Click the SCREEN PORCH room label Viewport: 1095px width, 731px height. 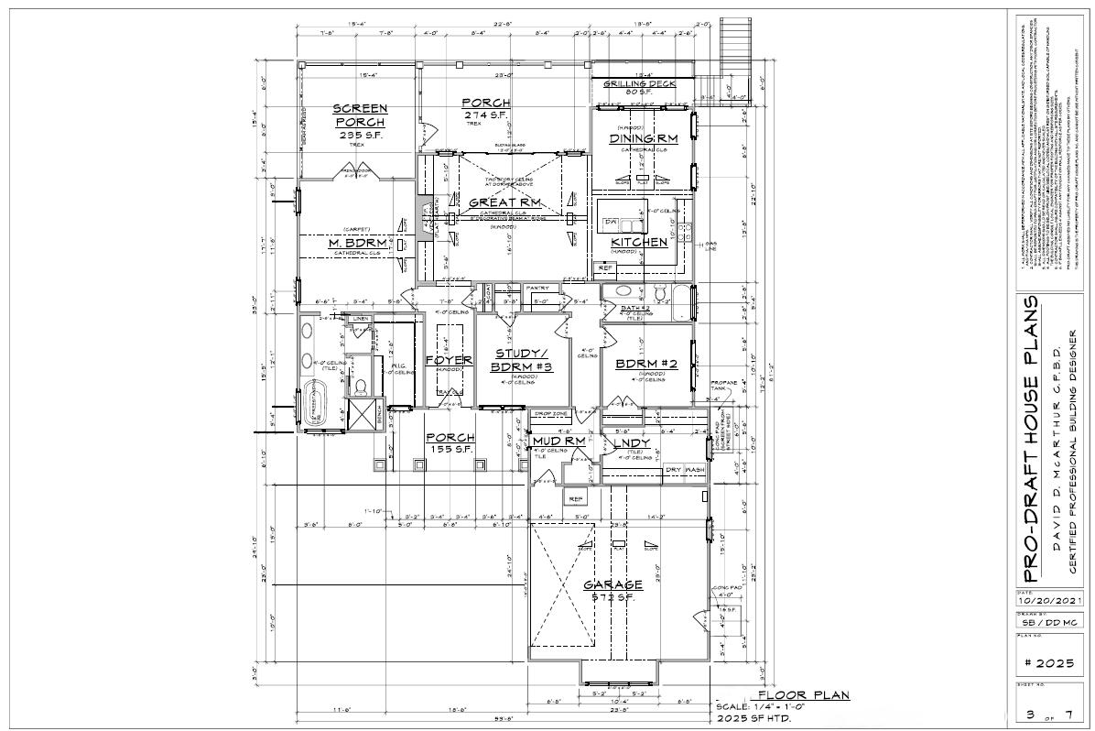click(360, 115)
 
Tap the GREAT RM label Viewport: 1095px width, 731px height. click(505, 202)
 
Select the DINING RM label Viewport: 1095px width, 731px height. click(643, 138)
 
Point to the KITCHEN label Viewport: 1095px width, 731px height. click(639, 243)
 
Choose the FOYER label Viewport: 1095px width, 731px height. click(449, 360)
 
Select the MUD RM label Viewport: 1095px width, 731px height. click(558, 442)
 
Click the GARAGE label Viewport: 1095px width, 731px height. click(613, 584)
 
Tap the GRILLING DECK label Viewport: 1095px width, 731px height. click(639, 84)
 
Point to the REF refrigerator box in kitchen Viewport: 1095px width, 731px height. click(603, 268)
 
